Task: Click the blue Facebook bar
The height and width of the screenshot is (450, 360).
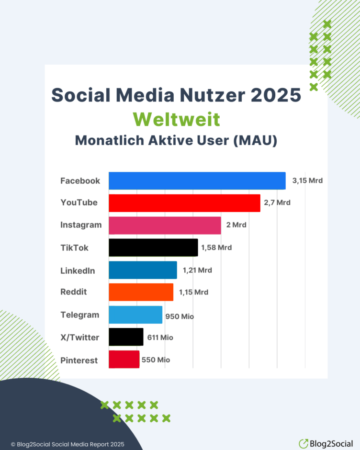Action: [197, 181]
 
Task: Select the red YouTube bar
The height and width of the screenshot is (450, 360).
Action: [184, 203]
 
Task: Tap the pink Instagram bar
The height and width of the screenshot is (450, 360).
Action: [165, 225]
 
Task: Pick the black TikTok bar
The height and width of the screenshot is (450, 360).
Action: [153, 247]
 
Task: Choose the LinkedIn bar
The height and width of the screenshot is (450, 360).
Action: [143, 270]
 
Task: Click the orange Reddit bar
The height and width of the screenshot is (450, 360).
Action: [141, 292]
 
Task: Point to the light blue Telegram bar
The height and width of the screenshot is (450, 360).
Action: [135, 315]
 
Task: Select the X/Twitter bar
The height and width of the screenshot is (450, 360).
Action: [126, 337]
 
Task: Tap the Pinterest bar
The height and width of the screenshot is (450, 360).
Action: [124, 360]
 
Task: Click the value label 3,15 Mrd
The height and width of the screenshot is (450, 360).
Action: [307, 181]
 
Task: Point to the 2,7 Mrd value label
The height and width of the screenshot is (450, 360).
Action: [277, 203]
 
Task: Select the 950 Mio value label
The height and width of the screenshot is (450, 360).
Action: [180, 316]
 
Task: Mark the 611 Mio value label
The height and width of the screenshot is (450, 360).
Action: [160, 337]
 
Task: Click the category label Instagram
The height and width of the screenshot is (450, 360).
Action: [81, 225]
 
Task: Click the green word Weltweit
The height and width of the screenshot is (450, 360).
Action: [176, 119]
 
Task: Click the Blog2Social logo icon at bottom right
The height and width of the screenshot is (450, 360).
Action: [303, 444]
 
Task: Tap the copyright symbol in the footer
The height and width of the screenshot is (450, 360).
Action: [13, 444]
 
